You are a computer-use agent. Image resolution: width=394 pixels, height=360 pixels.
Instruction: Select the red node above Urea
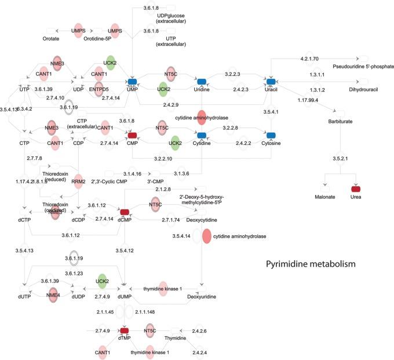pos(356,190)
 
